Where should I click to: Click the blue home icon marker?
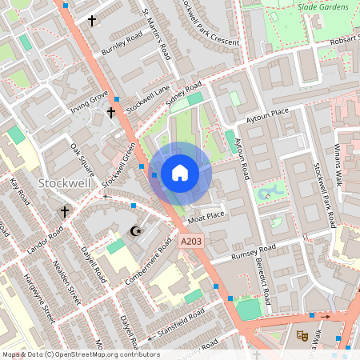click(x=180, y=172)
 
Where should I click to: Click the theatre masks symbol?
click(x=302, y=335)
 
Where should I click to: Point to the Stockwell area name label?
click(x=63, y=184)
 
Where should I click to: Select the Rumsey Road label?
click(x=252, y=254)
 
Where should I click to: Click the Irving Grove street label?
click(x=89, y=102)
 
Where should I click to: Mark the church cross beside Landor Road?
click(x=65, y=212)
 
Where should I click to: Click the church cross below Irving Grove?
click(x=111, y=113)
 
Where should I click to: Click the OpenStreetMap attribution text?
click(x=80, y=354)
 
